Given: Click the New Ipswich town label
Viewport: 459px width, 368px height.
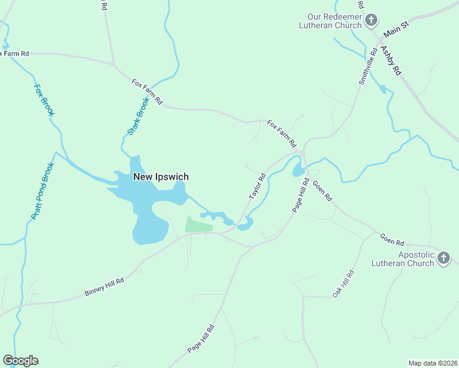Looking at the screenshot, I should tap(161, 177).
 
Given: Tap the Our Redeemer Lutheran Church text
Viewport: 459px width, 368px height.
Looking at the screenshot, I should tap(330, 21).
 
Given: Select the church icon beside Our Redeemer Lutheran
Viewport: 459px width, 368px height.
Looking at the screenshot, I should tap(371, 21).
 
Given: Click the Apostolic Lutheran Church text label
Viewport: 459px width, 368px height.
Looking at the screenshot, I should tap(407, 259).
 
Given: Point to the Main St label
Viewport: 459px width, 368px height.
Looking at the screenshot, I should tap(396, 28).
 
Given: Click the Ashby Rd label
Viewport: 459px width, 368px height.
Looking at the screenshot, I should tap(391, 61).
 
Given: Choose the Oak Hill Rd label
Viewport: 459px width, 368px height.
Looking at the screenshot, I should tap(344, 284).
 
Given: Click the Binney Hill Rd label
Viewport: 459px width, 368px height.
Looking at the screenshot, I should tap(104, 287).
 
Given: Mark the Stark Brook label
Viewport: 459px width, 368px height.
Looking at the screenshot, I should tap(138, 117).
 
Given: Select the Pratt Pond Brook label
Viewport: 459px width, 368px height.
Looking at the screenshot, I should tap(42, 191).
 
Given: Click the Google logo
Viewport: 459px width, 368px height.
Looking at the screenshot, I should tap(21, 361).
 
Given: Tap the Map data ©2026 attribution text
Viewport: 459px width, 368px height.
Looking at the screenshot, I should tap(432, 362).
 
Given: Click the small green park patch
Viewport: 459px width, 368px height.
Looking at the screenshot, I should tap(198, 224).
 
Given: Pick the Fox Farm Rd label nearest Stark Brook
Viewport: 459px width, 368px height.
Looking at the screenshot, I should tap(147, 91).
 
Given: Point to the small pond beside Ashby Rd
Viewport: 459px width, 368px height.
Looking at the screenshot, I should tap(383, 90).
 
